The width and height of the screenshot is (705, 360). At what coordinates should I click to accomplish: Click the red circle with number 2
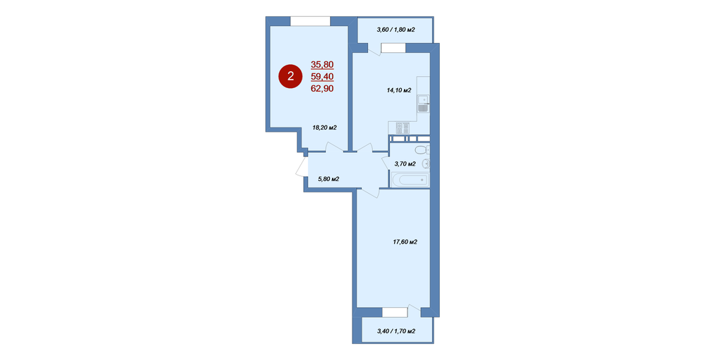[290, 76]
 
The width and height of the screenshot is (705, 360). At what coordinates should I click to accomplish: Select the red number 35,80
[322, 64]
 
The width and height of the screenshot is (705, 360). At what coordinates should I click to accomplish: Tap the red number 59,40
[322, 76]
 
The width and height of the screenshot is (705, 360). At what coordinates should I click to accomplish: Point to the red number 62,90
[322, 89]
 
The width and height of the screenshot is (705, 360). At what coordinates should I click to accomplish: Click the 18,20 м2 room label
[324, 128]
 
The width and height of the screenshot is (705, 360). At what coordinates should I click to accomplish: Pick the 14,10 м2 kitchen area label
[399, 90]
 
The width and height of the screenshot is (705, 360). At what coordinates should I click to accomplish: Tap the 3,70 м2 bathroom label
[405, 164]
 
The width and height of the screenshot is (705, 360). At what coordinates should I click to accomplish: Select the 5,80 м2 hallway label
[329, 179]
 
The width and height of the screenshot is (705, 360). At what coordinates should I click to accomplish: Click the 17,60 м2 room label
[405, 242]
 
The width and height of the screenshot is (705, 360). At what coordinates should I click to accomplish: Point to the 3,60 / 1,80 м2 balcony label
[396, 30]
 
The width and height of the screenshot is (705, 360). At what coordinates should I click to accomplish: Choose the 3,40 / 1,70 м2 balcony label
[396, 332]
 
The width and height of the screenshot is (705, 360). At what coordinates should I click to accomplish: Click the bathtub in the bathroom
[410, 180]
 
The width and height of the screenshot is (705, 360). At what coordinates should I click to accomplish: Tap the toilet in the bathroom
[422, 149]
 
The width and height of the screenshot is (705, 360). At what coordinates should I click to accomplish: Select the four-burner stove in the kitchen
[403, 128]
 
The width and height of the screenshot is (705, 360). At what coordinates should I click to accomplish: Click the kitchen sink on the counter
[422, 104]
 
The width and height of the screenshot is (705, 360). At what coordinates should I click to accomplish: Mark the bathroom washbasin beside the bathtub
[426, 163]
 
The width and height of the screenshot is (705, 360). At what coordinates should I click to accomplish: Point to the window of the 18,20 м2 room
[310, 21]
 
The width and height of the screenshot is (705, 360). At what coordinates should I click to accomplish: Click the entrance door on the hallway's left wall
[302, 167]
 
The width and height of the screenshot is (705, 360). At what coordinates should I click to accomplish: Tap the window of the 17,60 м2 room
[395, 312]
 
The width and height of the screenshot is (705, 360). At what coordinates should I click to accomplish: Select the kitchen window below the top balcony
[393, 48]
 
